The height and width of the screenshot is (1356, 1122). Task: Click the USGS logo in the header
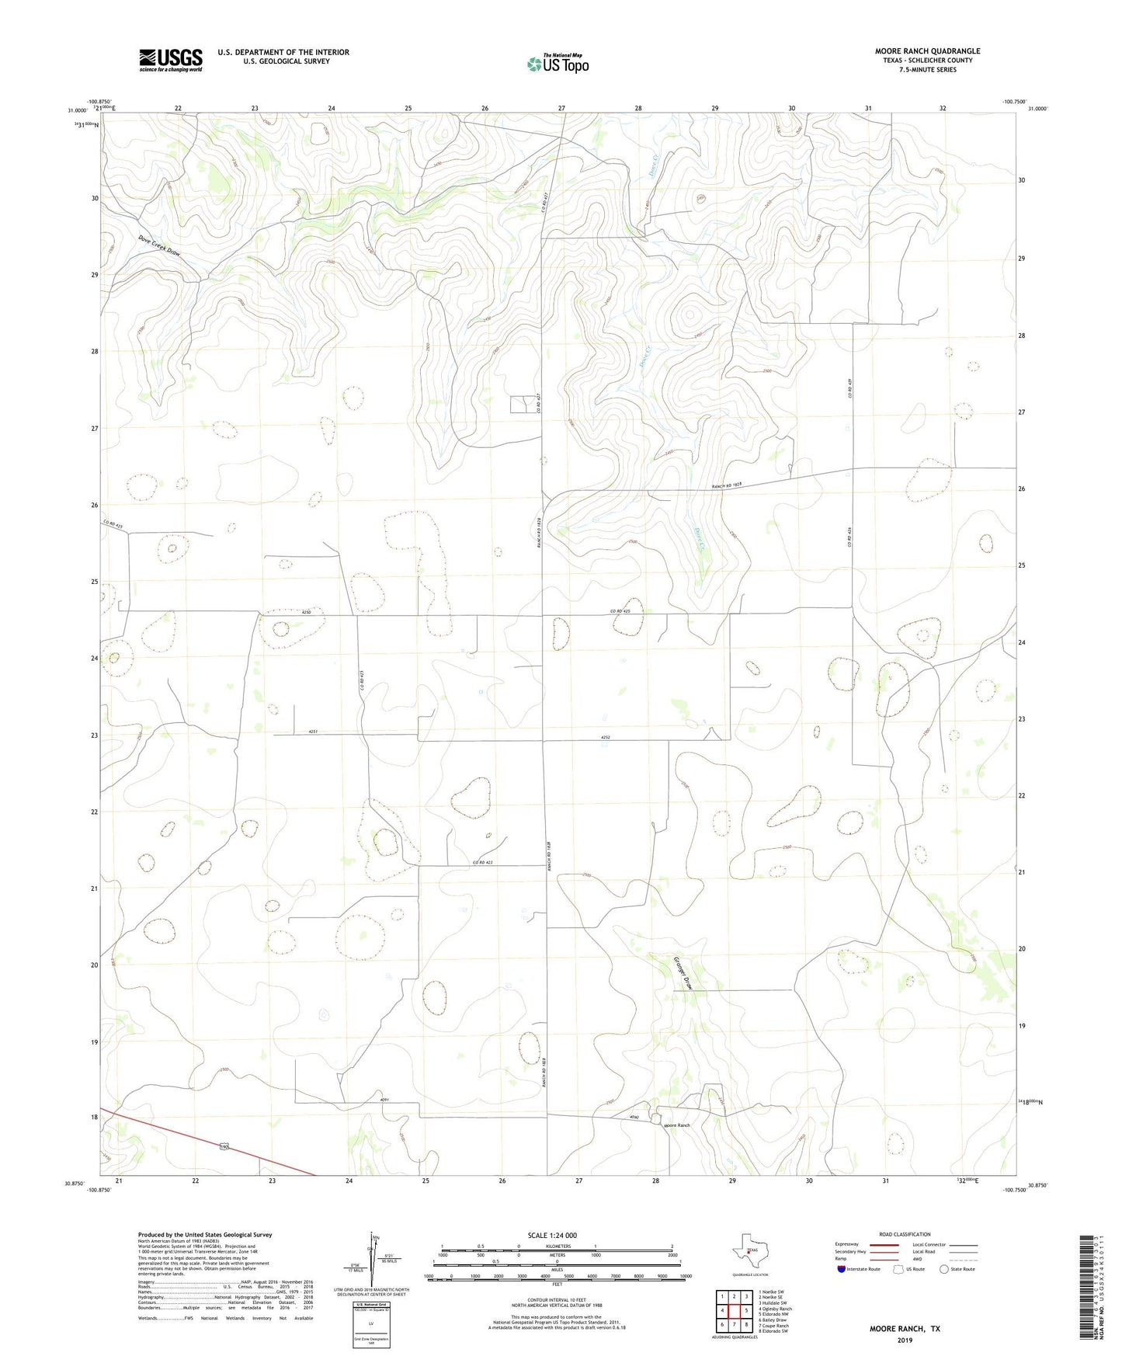tap(171, 60)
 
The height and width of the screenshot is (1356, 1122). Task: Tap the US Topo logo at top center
tap(558, 64)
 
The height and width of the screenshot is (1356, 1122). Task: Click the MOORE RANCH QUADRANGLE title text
tap(927, 51)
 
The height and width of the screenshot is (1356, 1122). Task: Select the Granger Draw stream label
tap(682, 974)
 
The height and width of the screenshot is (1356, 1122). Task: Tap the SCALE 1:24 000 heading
tap(552, 1235)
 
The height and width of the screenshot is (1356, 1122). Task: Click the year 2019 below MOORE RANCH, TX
tap(905, 1340)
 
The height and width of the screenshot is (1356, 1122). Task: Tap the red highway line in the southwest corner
tap(210, 1142)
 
